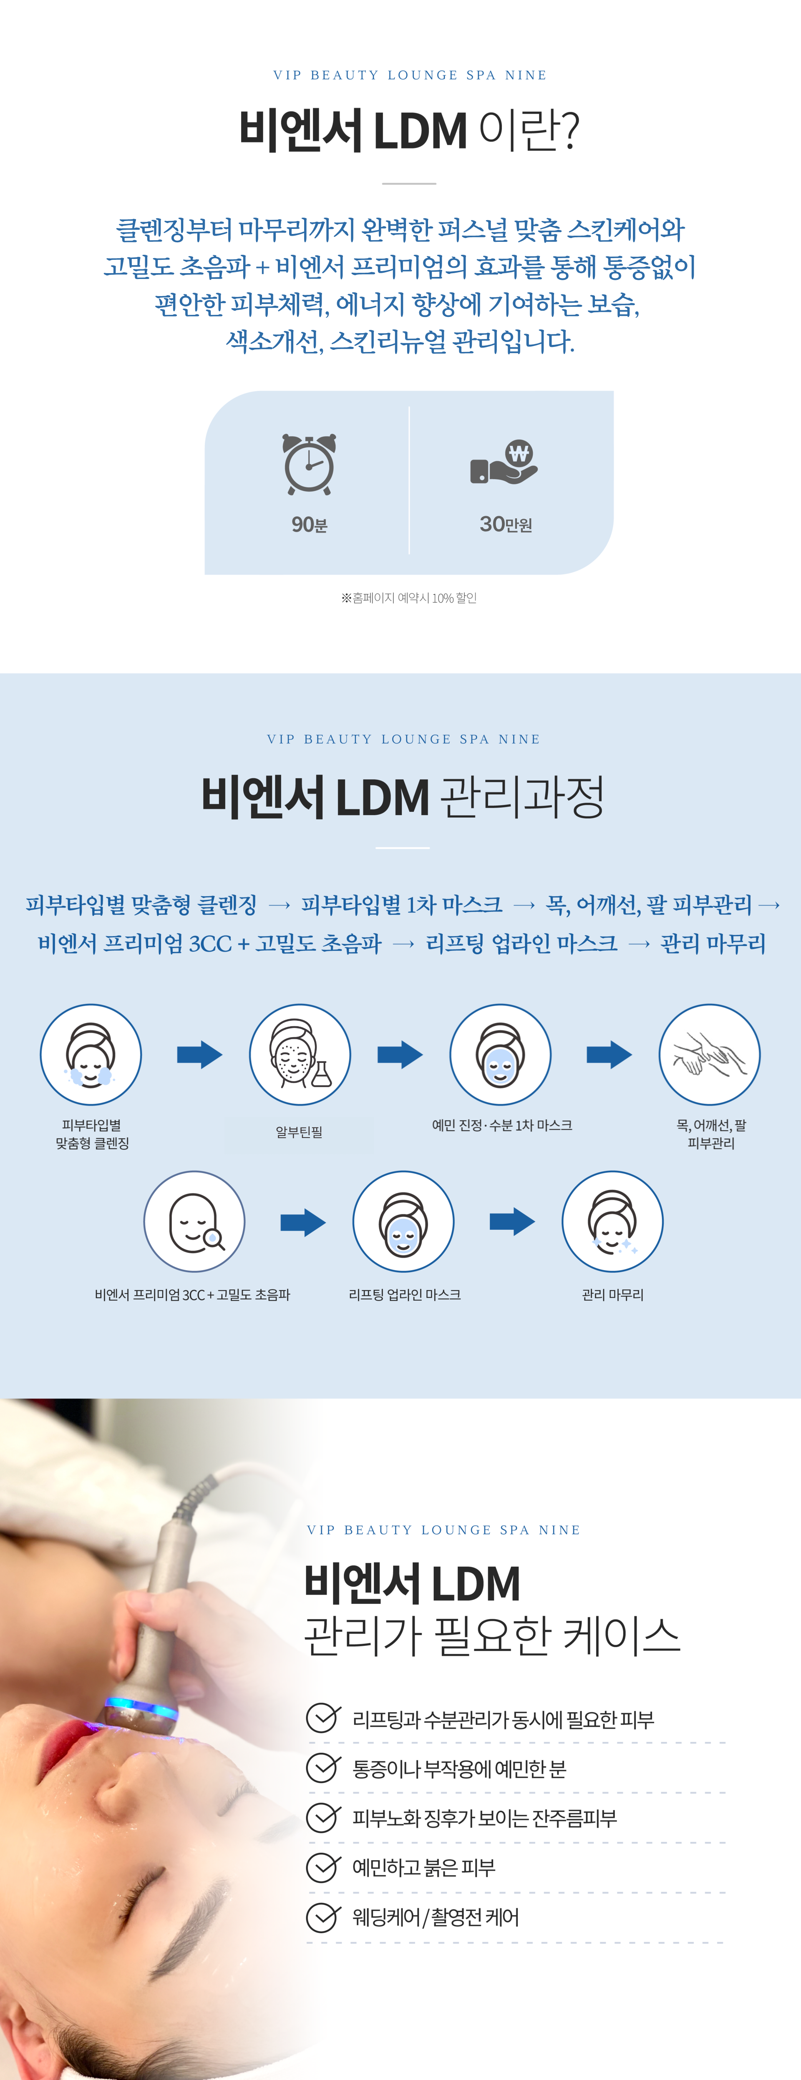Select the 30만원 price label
coord(506,525)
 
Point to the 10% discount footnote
coord(408,598)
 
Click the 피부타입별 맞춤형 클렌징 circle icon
coord(91,1055)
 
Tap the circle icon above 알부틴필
coord(300,1055)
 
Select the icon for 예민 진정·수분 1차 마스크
coord(501,1055)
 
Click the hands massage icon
coord(710,1055)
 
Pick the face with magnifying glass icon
coord(194,1222)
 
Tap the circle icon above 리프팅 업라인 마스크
coord(403,1222)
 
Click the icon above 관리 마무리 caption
coord(612,1222)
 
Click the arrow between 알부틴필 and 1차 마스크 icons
coord(400,1055)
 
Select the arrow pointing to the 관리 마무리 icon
coord(512,1222)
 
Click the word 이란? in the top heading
coord(529,131)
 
